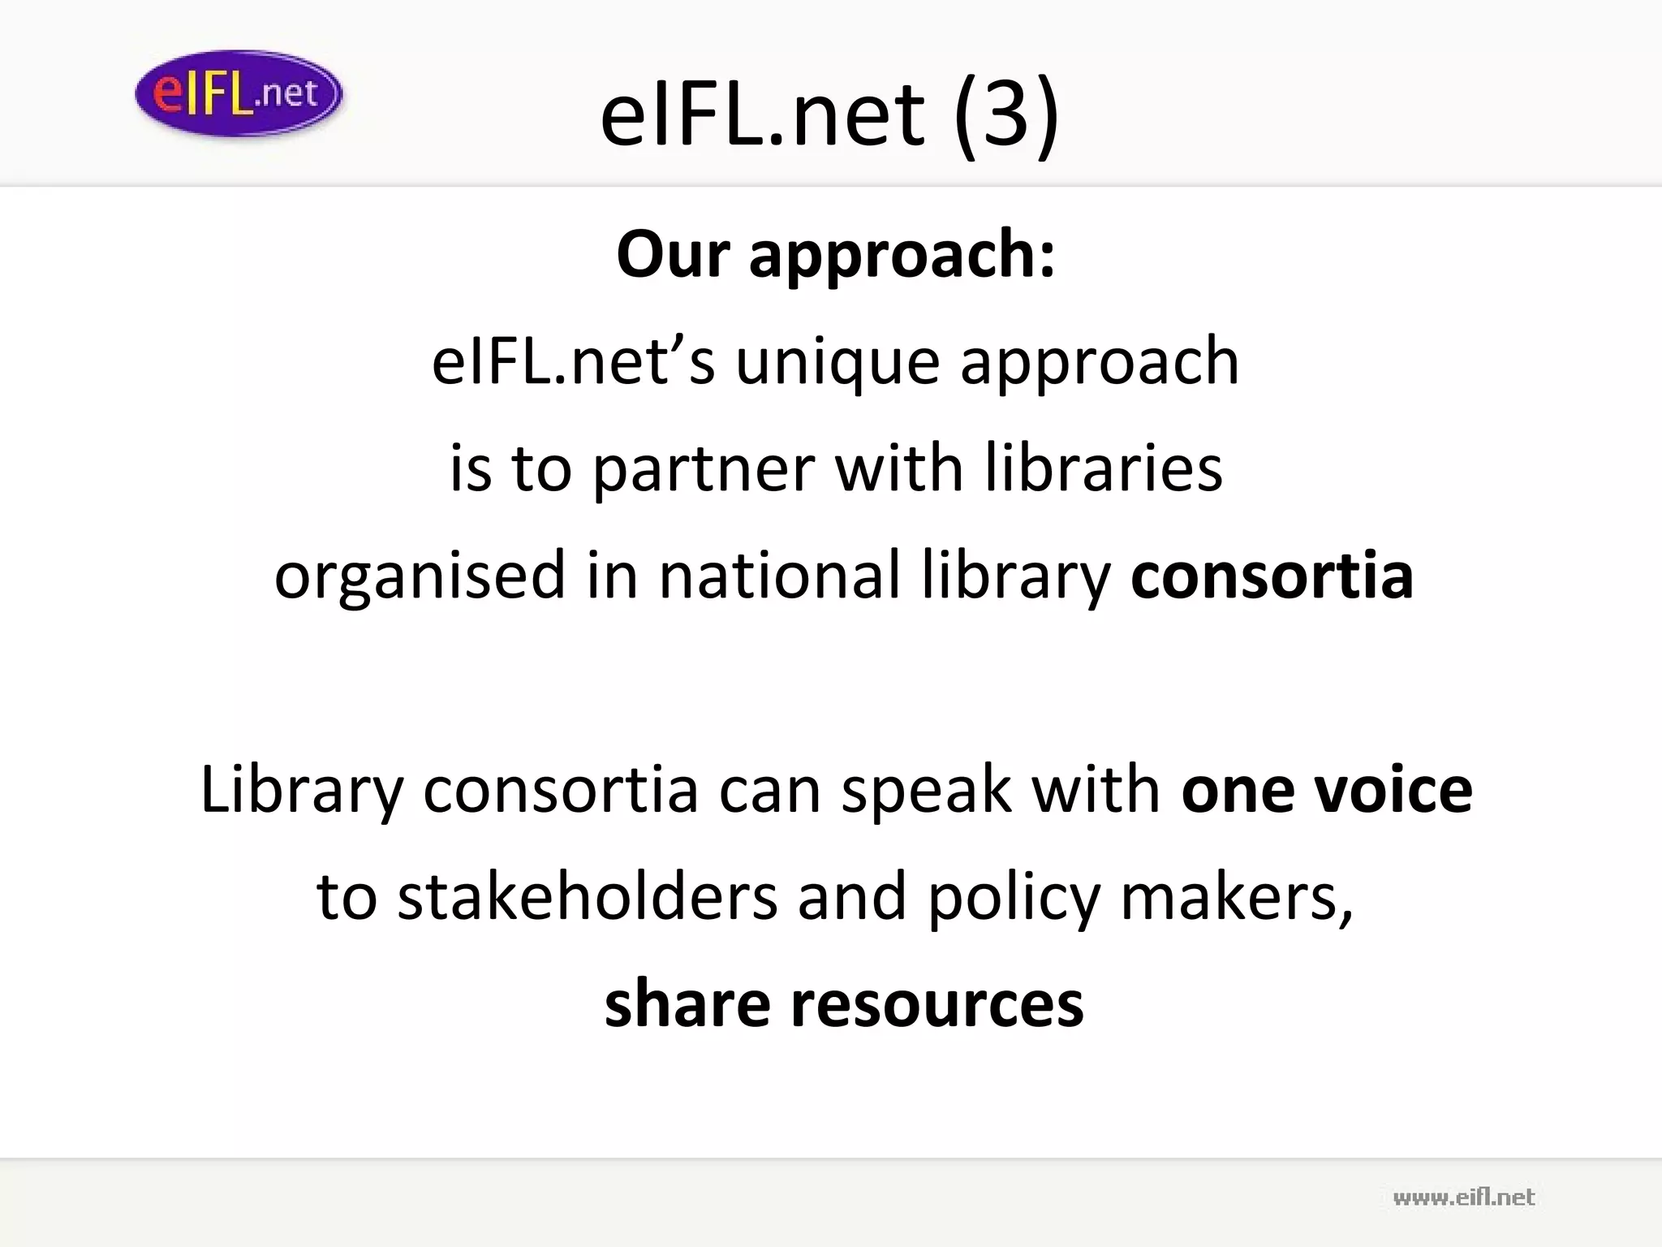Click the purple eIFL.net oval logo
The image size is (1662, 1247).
pyautogui.click(x=239, y=94)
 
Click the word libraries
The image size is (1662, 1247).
pyautogui.click(x=1104, y=469)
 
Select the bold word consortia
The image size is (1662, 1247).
pyautogui.click(x=1272, y=576)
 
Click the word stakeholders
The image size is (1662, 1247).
pyautogui.click(x=588, y=897)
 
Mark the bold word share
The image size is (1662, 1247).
pyautogui.click(x=687, y=1004)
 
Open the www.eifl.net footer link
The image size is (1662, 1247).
pyautogui.click(x=1464, y=1197)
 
